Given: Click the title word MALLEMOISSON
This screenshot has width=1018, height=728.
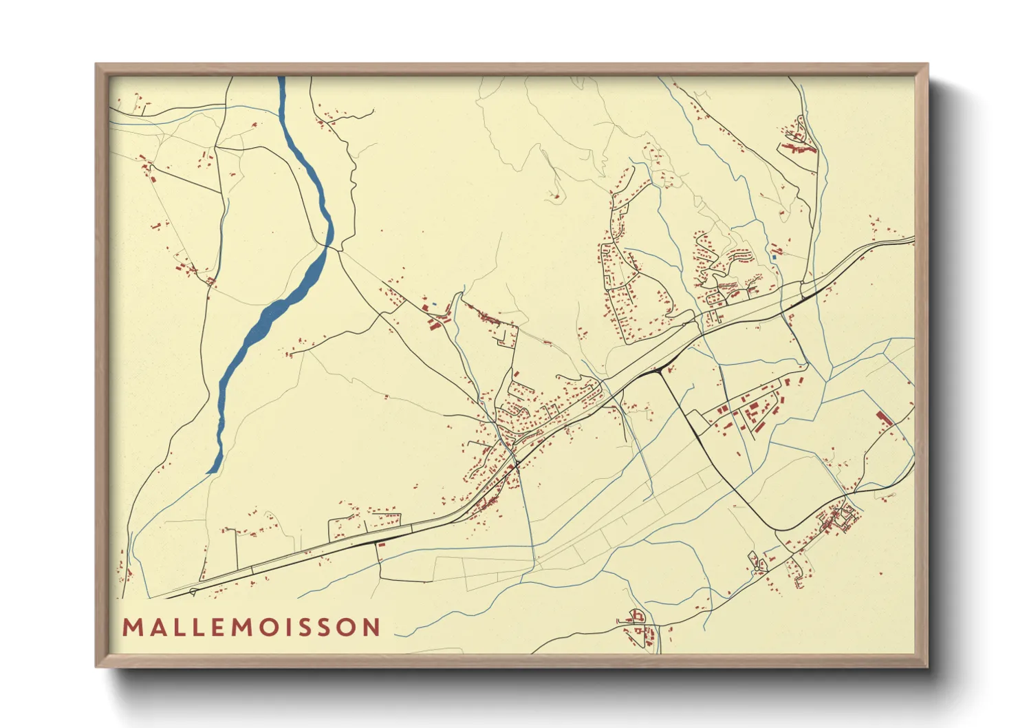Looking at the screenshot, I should click(x=251, y=627).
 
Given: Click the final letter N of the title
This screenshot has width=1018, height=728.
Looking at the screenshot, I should click(x=371, y=627).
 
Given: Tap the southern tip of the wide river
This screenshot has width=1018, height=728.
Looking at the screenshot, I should click(x=208, y=472).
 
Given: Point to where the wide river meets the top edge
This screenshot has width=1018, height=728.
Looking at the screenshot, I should click(x=281, y=78).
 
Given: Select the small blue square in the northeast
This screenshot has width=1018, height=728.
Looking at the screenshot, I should click(x=774, y=257).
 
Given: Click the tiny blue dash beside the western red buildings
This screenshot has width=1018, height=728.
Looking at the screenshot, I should click(x=434, y=303).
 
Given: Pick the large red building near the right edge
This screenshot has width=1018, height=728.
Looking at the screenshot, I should click(x=881, y=417).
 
